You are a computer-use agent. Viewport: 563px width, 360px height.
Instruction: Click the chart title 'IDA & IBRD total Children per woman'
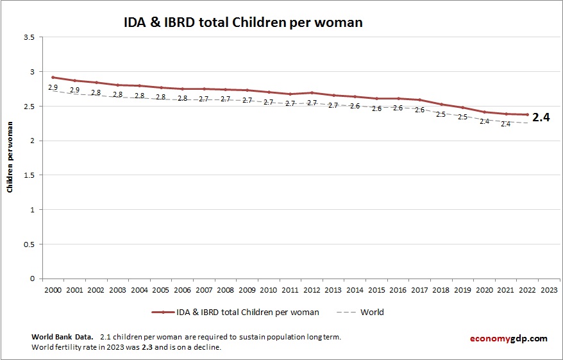pos(243,22)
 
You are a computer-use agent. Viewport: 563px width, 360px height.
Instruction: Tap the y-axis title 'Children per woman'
pos(10,158)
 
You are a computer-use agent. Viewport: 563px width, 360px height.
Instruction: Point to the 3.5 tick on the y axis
pos(28,37)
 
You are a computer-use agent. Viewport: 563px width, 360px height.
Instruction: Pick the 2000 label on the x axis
pos(53,289)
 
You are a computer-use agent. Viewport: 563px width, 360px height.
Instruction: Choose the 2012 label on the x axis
pos(312,289)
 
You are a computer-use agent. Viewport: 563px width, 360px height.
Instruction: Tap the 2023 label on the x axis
pos(549,289)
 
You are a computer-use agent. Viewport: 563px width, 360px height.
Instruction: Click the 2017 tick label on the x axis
pos(419,289)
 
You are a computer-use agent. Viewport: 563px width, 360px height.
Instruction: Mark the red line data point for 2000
pos(53,77)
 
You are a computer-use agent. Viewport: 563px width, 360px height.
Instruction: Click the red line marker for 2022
pos(527,115)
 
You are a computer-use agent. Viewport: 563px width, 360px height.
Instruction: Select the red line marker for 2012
pos(312,92)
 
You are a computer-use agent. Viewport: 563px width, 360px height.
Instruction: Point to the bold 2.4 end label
pos(542,117)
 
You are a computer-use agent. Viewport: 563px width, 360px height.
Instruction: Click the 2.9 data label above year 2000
pos(53,87)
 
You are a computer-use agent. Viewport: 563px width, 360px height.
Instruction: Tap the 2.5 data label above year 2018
pos(441,114)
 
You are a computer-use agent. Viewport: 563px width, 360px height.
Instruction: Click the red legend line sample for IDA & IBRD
pos(164,313)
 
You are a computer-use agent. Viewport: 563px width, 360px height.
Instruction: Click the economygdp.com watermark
pos(507,338)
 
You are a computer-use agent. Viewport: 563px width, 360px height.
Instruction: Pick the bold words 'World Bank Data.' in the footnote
pos(62,337)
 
